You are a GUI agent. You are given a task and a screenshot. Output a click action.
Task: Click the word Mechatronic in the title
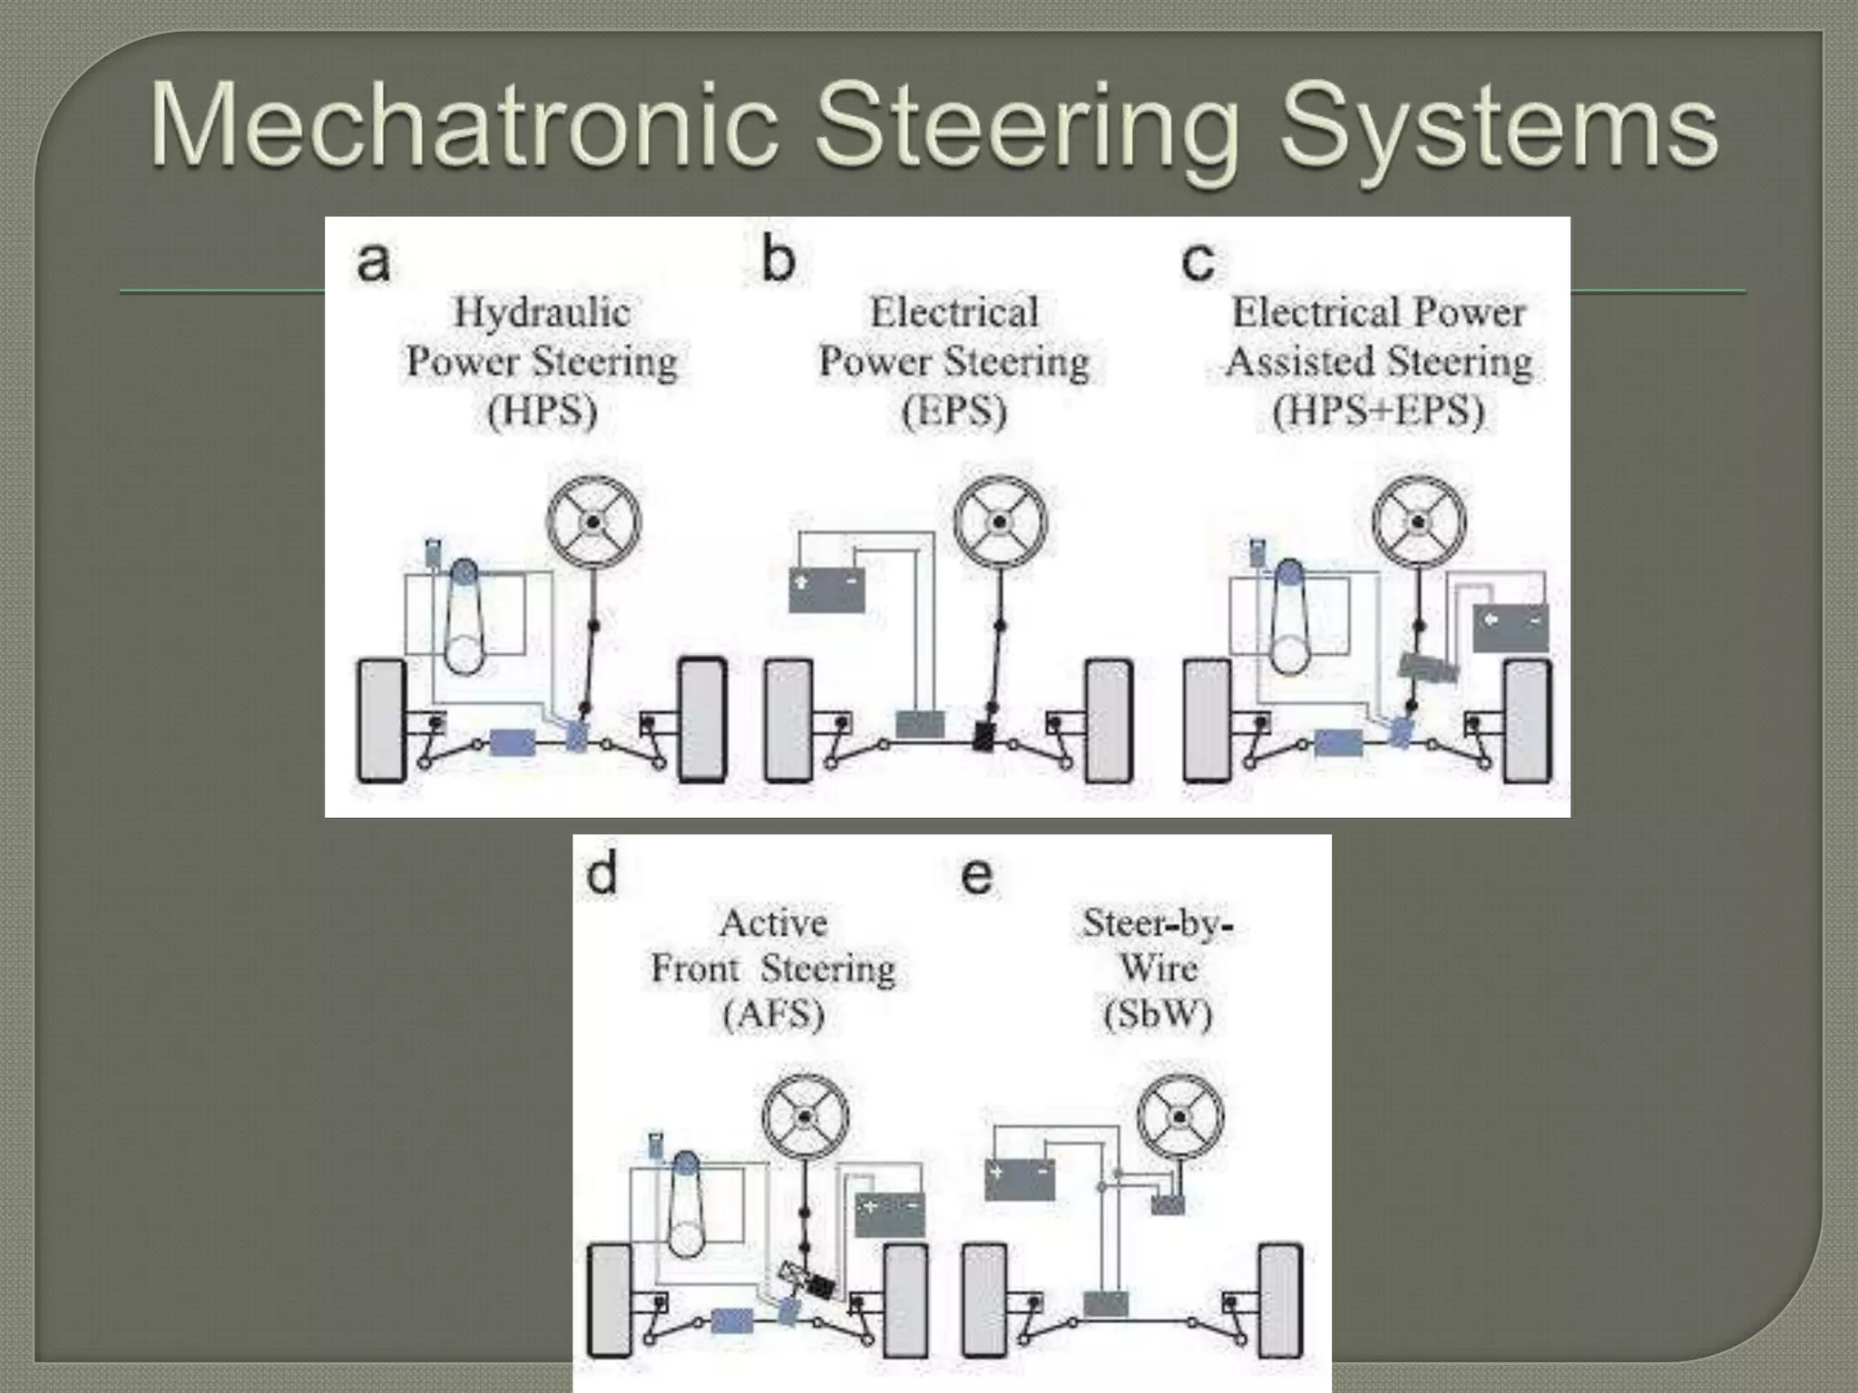coord(464,125)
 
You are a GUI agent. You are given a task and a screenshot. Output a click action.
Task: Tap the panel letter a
coord(373,261)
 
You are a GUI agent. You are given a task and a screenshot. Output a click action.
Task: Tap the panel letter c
coord(1198,261)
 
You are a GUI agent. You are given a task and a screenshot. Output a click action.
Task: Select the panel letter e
coord(976,876)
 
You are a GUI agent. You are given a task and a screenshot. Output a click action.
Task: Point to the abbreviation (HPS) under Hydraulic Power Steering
coord(542,411)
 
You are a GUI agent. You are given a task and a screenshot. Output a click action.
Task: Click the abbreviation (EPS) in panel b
coord(954,411)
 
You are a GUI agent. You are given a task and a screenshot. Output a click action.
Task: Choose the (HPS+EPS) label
coord(1378,411)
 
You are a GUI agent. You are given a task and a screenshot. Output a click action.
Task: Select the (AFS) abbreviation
coord(773,1014)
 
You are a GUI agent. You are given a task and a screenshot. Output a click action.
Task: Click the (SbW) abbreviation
coord(1158,1014)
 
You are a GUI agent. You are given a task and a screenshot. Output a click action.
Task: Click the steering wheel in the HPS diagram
coord(593,522)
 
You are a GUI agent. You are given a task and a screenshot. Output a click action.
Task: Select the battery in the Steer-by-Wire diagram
coord(1020,1179)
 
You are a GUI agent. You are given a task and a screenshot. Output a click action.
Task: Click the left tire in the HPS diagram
coord(381,720)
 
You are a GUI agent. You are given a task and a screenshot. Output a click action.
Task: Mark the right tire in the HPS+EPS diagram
coord(1527,720)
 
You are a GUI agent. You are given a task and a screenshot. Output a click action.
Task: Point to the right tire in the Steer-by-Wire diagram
coord(1279,1302)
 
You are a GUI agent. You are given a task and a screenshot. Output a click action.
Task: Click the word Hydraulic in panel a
coord(542,313)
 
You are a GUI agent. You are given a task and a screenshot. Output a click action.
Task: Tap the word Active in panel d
coord(773,923)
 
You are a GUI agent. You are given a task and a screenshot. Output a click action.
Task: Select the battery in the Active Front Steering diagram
coord(889,1215)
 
